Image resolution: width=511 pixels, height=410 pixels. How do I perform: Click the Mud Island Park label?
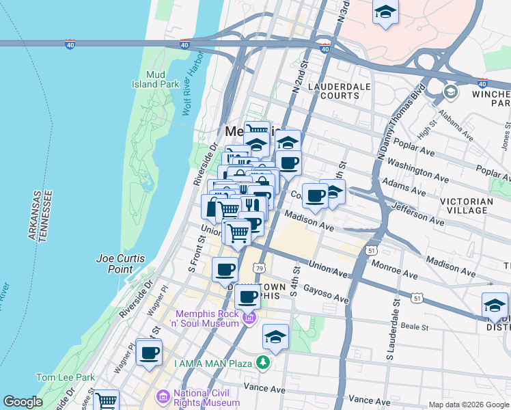pos(156,79)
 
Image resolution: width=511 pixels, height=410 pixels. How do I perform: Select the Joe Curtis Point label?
pos(115,264)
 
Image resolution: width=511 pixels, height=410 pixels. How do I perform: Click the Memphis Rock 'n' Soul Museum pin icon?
pos(249,318)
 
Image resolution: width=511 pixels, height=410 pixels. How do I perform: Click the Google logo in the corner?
pos(23,402)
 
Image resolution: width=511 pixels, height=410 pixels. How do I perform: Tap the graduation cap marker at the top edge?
pos(386,12)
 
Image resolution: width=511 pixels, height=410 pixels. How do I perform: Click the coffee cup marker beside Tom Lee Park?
pos(149,353)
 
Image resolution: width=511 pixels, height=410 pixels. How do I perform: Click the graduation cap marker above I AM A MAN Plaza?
pos(275,337)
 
